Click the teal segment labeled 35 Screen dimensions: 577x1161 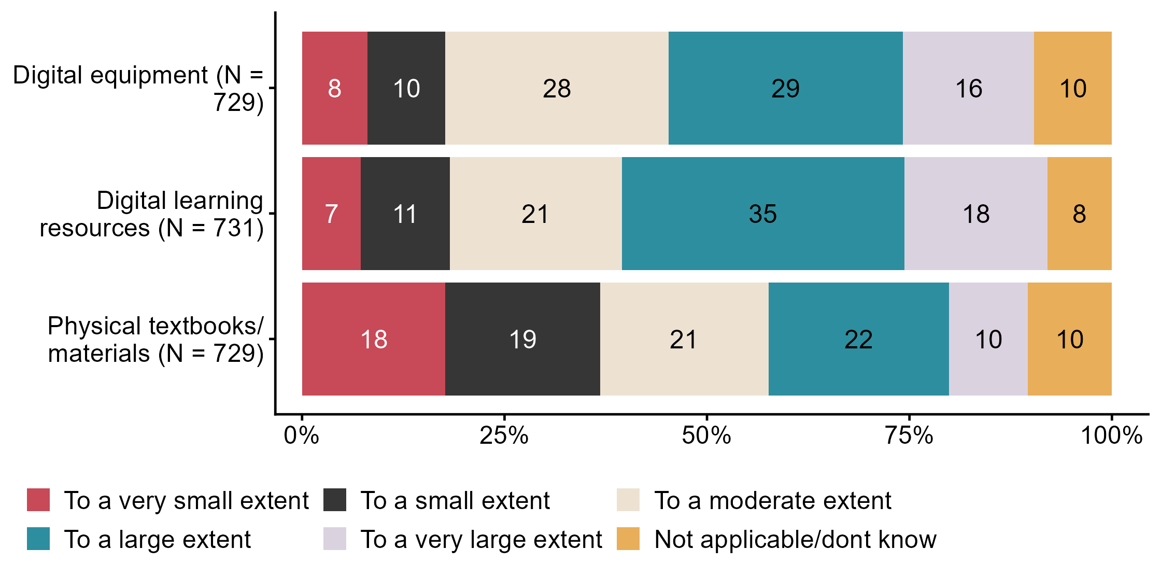[762, 214]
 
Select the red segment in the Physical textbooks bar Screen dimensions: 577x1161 [373, 339]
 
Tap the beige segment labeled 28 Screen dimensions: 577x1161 [557, 88]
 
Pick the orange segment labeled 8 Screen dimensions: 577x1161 [1079, 214]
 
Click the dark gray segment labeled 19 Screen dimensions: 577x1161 [522, 339]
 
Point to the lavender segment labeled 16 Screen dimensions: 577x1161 [968, 88]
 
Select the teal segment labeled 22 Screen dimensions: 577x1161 [858, 339]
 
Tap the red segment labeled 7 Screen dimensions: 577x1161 [331, 214]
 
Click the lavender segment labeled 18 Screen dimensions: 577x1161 [975, 214]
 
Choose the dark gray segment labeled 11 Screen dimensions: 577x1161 [405, 214]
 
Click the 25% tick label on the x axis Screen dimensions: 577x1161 [504, 435]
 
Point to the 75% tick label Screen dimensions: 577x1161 [909, 435]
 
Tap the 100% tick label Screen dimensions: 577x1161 [1111, 435]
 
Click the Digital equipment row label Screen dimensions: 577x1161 [138, 88]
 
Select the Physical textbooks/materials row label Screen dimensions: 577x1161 [155, 340]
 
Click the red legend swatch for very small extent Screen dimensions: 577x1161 [38, 500]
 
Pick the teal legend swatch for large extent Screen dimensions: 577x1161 [38, 539]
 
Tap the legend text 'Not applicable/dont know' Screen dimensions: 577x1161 [795, 539]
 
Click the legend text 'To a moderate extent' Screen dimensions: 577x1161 [772, 500]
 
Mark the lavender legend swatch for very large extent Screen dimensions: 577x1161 [335, 539]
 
